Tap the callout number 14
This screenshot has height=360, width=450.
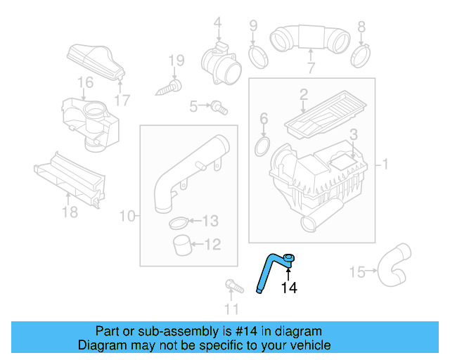click(x=289, y=287)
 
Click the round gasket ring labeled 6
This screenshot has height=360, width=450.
click(x=263, y=146)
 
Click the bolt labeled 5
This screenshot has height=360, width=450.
click(x=220, y=107)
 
